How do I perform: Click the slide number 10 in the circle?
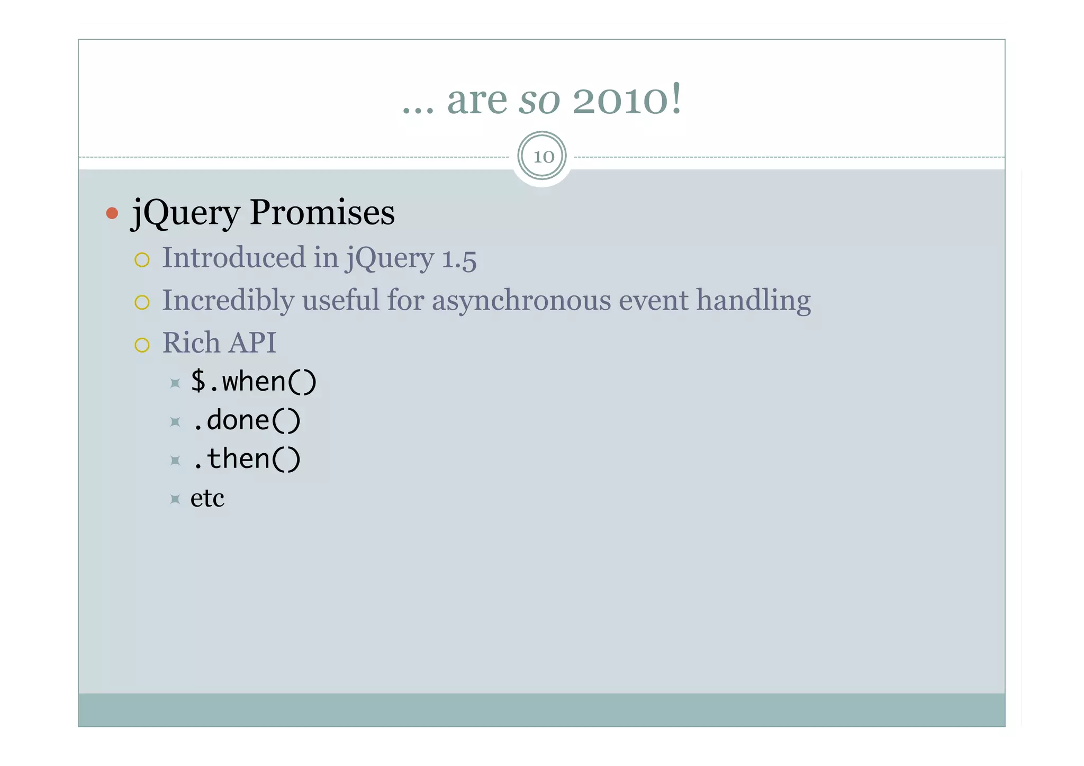coord(543,157)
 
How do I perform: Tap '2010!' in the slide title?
coord(627,99)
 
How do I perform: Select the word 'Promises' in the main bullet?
coord(322,213)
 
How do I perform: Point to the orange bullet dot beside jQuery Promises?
coord(112,213)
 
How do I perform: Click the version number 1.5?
coord(459,259)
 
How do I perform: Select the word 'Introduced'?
coord(234,258)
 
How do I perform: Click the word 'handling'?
coord(753,301)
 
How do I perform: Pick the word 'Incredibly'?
coord(228,301)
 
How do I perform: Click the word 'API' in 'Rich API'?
coord(253,343)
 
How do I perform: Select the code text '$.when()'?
coord(254,382)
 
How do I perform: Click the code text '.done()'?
coord(246,421)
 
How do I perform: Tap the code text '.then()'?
coord(246,459)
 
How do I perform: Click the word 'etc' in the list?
coord(207,498)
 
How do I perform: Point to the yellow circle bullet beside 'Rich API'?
coord(142,345)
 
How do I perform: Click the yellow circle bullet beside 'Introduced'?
coord(142,260)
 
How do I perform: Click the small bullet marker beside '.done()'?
coord(175,422)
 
